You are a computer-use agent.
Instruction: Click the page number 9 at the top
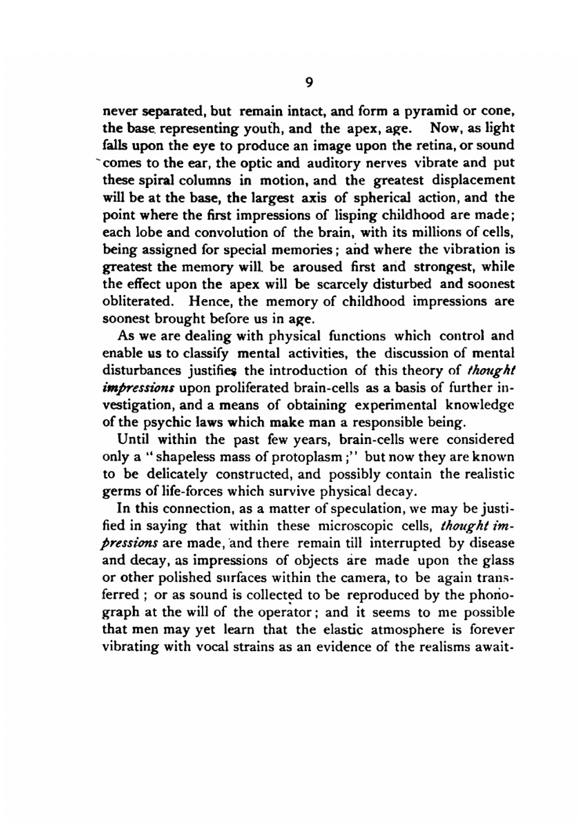click(309, 82)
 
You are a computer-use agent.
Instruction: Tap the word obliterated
click(137, 302)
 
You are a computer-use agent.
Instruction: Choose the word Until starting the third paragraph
click(134, 440)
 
